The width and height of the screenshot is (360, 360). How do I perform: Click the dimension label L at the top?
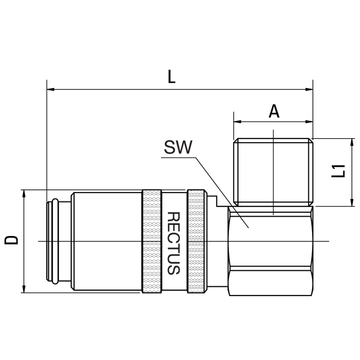(172, 76)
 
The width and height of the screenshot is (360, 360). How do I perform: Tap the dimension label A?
(274, 111)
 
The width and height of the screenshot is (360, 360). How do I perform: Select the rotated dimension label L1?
(338, 171)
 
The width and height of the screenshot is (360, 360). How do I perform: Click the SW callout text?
(178, 148)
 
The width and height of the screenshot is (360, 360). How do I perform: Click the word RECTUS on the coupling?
(173, 243)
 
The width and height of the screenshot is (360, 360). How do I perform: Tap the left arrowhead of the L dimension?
(50, 89)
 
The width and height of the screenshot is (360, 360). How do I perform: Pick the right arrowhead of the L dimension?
(309, 89)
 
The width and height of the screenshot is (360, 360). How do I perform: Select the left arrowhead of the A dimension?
(238, 121)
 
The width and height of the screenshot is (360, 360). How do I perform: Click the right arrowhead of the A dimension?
(309, 121)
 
